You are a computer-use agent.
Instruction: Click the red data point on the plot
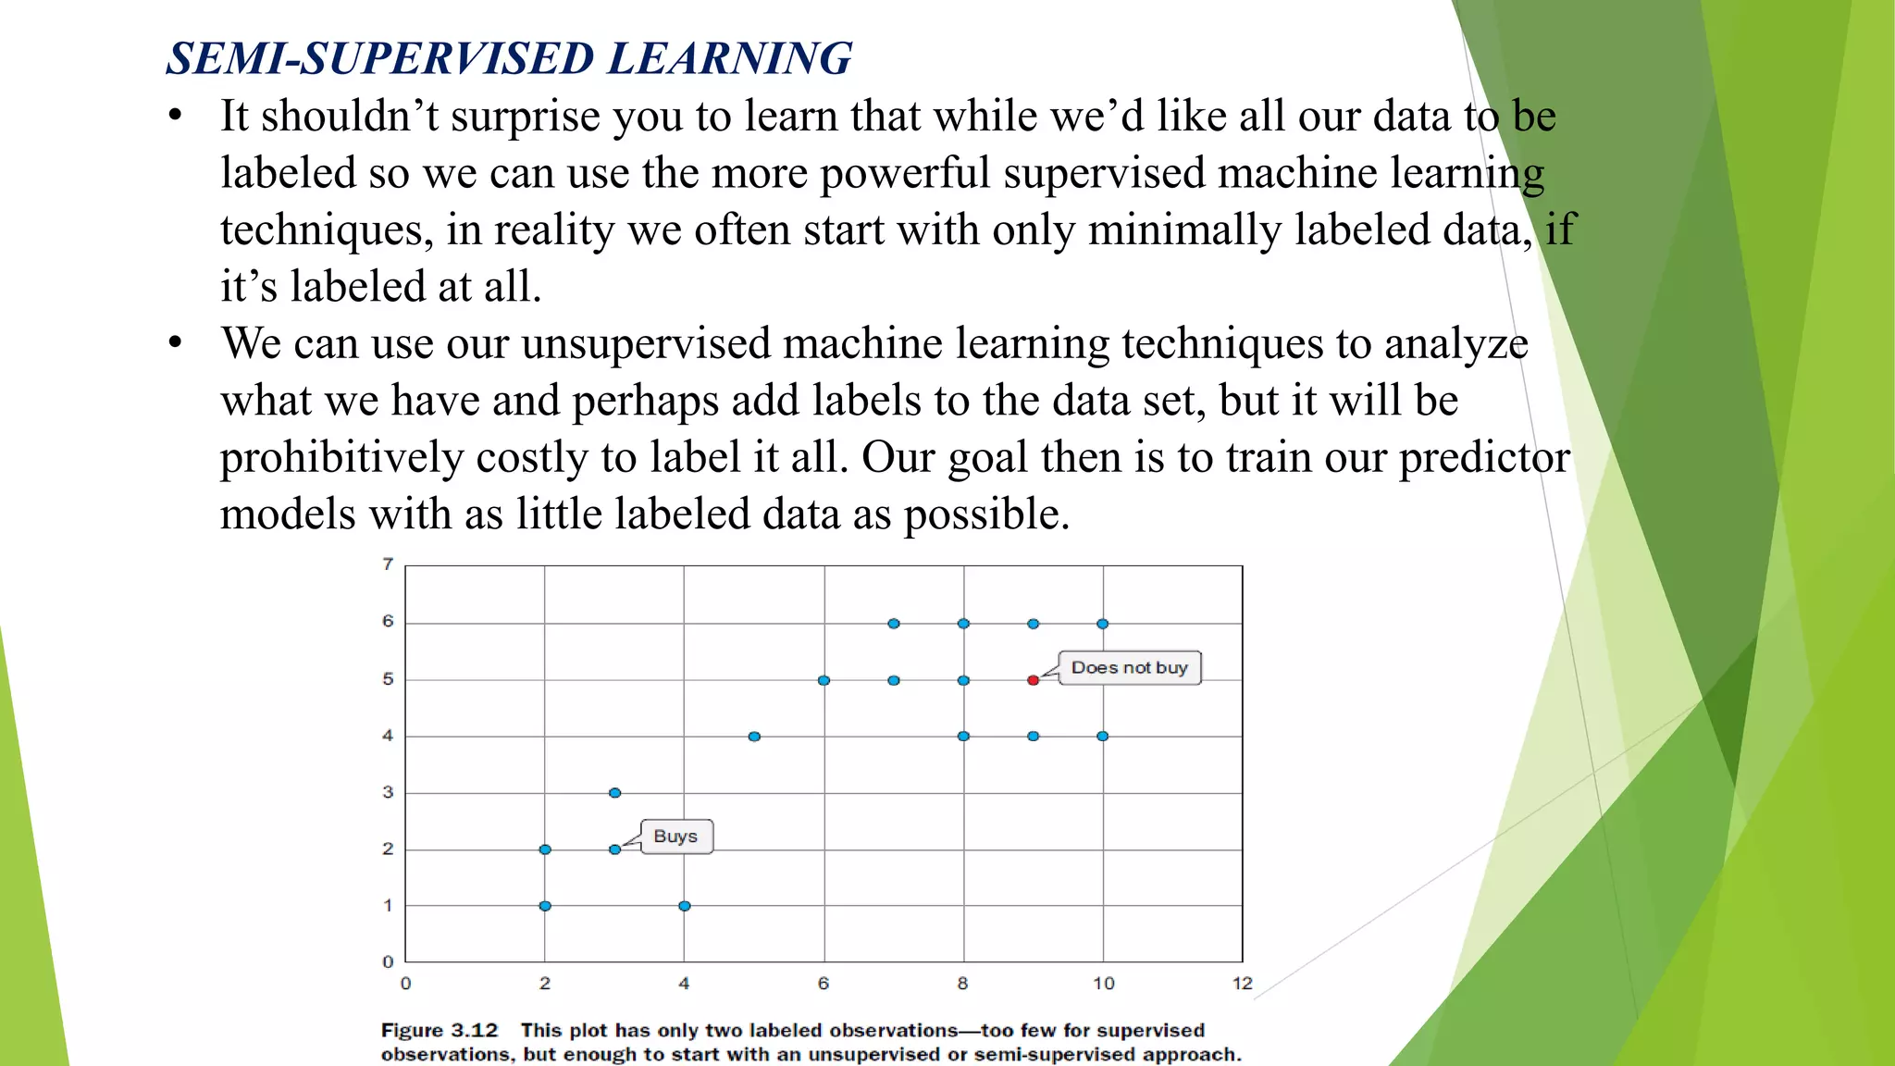[x=1033, y=680]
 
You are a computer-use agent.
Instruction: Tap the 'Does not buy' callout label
[x=1129, y=667]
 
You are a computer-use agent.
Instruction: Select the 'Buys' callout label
[x=675, y=837]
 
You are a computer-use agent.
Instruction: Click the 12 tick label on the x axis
[x=1242, y=984]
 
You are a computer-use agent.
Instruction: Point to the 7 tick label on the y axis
[x=388, y=564]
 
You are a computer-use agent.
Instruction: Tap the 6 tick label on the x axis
[x=823, y=984]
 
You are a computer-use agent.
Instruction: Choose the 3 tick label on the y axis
[x=388, y=792]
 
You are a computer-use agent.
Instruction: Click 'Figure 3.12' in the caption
[x=440, y=1031]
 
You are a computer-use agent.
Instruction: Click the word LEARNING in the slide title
[x=729, y=58]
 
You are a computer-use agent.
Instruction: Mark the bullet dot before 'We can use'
[x=176, y=343]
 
